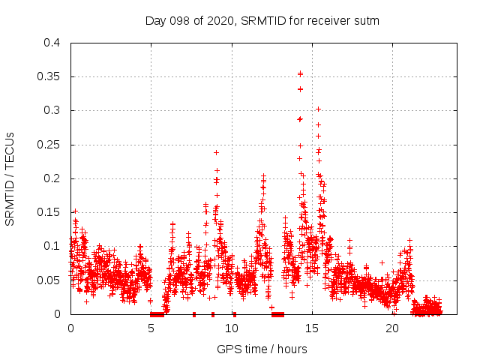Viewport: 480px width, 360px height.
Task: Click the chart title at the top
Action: (262, 21)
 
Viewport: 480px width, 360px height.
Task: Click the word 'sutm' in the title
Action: (367, 21)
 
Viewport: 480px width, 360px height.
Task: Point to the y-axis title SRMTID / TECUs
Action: (10, 178)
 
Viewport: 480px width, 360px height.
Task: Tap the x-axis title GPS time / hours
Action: (262, 349)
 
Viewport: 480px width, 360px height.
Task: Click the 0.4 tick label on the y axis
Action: (52, 43)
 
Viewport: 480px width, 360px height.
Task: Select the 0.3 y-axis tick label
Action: (52, 110)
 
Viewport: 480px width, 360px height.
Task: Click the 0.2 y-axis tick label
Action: (52, 178)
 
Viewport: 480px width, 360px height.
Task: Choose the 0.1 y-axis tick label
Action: (52, 246)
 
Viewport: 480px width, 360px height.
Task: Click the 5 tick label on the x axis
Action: (151, 328)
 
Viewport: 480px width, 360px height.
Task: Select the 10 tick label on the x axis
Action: (232, 328)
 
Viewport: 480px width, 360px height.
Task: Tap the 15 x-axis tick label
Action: (312, 328)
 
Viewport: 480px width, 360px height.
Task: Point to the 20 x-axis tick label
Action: (392, 328)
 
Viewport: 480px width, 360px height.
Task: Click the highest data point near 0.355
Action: (300, 73)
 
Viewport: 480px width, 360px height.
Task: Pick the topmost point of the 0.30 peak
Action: (318, 109)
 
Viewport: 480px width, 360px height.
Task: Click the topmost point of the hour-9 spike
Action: (216, 152)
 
